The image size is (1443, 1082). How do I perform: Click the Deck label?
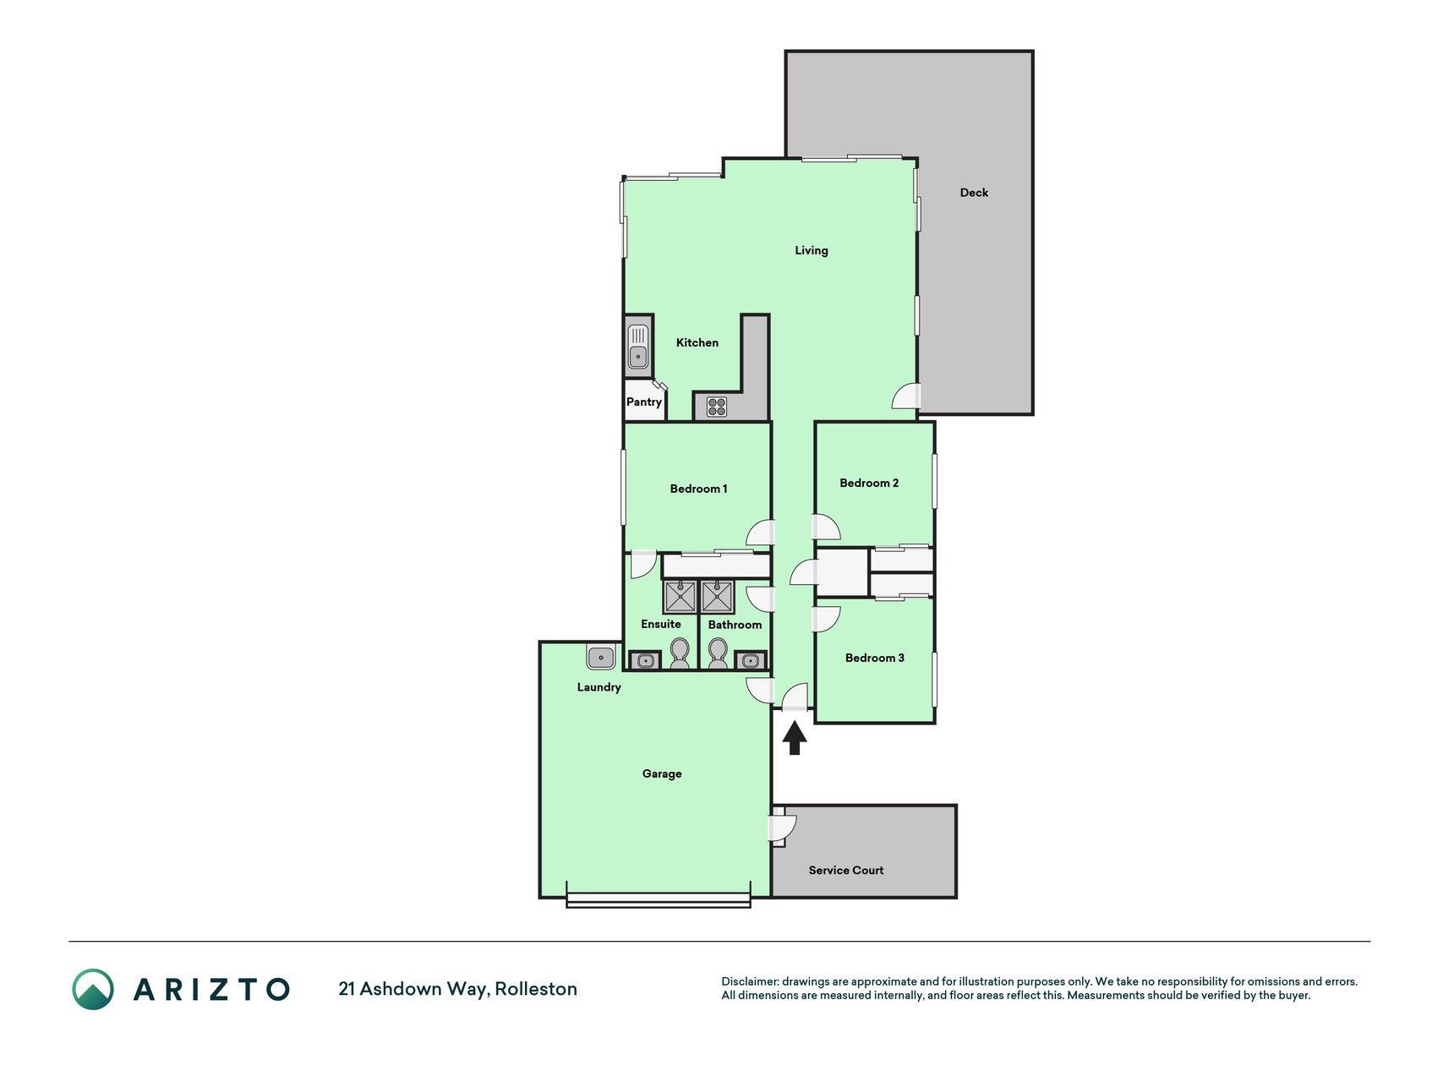coord(974,193)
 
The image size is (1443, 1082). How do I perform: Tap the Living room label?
coord(812,250)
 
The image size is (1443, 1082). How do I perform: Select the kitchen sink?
coord(638,347)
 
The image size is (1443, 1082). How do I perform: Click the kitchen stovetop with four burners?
coord(717,407)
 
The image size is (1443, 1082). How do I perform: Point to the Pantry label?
coord(644,402)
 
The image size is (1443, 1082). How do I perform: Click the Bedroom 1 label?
coord(698,489)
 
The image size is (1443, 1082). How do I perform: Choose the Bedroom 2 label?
coord(869,484)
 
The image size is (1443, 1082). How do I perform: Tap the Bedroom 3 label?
coord(875,658)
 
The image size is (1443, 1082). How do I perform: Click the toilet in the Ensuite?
coord(680,653)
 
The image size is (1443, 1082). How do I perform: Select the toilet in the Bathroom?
coord(718,653)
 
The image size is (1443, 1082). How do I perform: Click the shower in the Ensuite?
coord(680,597)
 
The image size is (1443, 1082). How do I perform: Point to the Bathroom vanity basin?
coord(751,660)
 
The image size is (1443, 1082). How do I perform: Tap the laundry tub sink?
coord(601,657)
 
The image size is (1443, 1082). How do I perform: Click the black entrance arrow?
coord(795,737)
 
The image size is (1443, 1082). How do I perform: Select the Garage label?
coord(662,773)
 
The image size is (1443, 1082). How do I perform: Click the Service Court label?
coord(846,871)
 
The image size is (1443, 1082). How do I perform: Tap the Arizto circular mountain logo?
coord(93,989)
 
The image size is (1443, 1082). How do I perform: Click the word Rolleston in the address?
coord(536,989)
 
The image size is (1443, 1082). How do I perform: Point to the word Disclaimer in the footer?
coord(749,982)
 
